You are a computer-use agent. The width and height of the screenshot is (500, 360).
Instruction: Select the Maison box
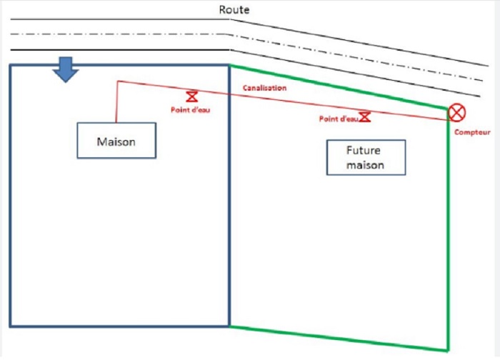pyautogui.click(x=116, y=140)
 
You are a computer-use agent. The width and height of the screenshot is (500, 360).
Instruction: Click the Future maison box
pyautogui.click(x=365, y=157)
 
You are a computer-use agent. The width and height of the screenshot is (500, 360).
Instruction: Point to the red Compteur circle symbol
pyautogui.click(x=456, y=113)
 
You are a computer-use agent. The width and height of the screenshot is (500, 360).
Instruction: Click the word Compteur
pyautogui.click(x=472, y=133)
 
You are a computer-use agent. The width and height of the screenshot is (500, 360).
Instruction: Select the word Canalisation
pyautogui.click(x=265, y=88)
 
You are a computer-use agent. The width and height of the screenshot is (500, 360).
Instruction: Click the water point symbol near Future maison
pyautogui.click(x=365, y=116)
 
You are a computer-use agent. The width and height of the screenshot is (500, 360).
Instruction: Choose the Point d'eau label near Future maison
pyautogui.click(x=338, y=119)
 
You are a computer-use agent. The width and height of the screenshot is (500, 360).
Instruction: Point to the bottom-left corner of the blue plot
pyautogui.click(x=10, y=326)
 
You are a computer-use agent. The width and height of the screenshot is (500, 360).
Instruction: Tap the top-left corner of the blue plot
pyautogui.click(x=10, y=66)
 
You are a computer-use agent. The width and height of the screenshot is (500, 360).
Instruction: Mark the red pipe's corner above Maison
pyautogui.click(x=116, y=81)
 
